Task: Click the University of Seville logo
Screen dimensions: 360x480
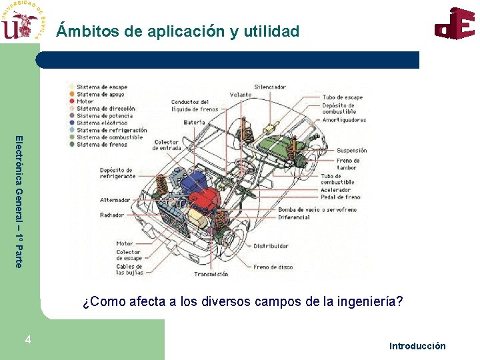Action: pyautogui.click(x=23, y=21)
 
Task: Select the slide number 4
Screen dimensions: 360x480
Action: pyautogui.click(x=27, y=340)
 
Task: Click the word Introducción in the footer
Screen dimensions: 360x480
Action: pyautogui.click(x=417, y=346)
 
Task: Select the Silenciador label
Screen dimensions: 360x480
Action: pyautogui.click(x=270, y=87)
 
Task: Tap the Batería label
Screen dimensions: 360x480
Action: pyautogui.click(x=194, y=123)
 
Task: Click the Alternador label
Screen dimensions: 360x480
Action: pyautogui.click(x=115, y=200)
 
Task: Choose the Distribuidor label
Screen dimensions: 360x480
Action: pyautogui.click(x=271, y=246)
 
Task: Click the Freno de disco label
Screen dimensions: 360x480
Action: pyautogui.click(x=273, y=267)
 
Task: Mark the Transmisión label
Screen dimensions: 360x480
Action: pyautogui.click(x=211, y=274)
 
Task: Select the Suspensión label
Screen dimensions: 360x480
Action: pyautogui.click(x=351, y=151)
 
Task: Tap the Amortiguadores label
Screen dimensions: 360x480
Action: pyautogui.click(x=344, y=121)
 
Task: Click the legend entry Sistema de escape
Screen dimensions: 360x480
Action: pyautogui.click(x=101, y=87)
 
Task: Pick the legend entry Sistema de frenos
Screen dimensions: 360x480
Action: pyautogui.click(x=101, y=144)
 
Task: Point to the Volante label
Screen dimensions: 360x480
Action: pyautogui.click(x=241, y=95)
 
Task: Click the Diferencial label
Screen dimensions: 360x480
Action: pyautogui.click(x=294, y=217)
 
